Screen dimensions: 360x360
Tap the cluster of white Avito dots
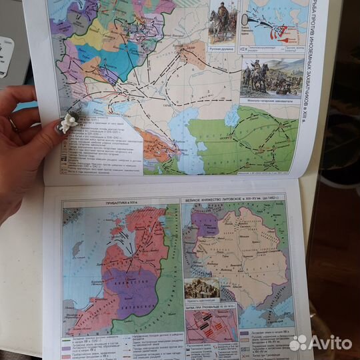(x=297, y=343)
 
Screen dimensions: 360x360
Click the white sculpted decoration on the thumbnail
(x=68, y=121)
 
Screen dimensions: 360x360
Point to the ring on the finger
(x=13, y=124)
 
